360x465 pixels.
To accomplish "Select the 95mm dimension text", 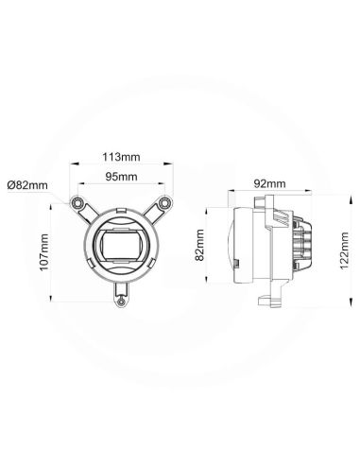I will pyautogui.click(x=120, y=177).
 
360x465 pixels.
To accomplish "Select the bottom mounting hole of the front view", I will pyautogui.click(x=120, y=301).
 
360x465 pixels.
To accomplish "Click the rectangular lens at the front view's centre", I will pyautogui.click(x=121, y=247).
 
